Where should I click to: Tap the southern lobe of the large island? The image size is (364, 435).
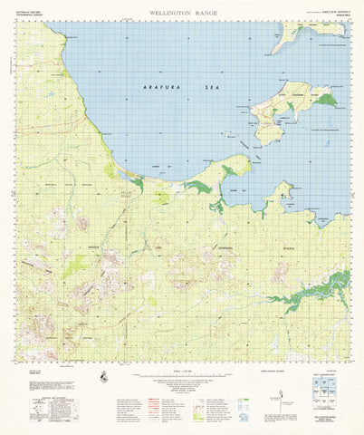point(268,132)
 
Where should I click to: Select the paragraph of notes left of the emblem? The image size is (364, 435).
point(63,376)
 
